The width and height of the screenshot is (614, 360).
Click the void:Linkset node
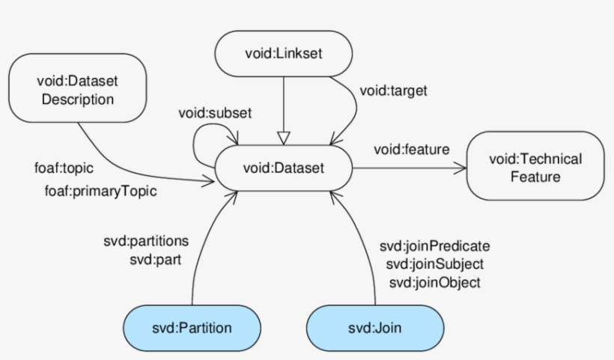click(x=284, y=54)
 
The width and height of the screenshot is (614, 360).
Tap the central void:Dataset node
click(x=284, y=168)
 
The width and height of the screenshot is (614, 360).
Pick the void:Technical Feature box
click(x=535, y=167)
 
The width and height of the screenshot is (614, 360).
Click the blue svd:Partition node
click(x=192, y=327)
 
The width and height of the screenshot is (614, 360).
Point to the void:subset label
click(x=215, y=113)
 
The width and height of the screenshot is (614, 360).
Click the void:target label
click(x=394, y=91)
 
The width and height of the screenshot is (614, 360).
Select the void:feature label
click(x=412, y=150)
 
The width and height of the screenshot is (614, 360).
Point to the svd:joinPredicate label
click(x=434, y=246)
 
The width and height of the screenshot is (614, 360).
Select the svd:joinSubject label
click(x=434, y=264)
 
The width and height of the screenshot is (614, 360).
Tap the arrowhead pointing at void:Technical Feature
click(x=459, y=168)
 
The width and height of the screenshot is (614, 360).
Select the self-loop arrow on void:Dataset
click(x=197, y=142)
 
